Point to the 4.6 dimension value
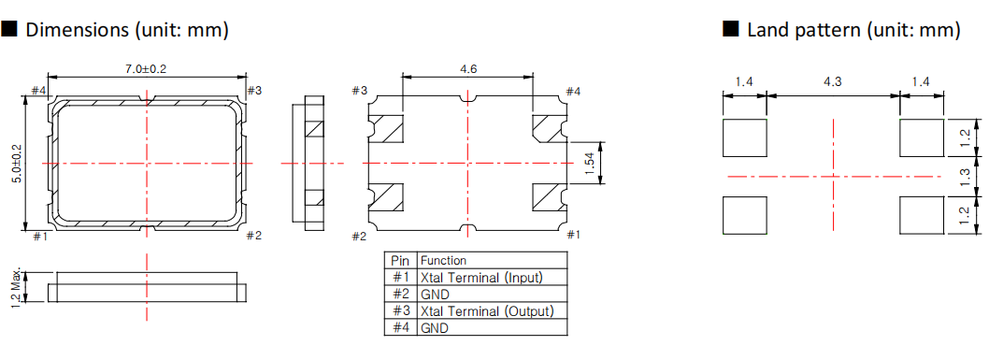(469, 69)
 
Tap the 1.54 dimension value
(589, 162)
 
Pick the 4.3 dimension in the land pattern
(832, 82)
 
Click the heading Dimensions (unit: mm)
(127, 30)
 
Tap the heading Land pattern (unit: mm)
(853, 30)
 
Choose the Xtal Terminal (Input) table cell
(481, 277)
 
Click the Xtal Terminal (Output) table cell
(486, 310)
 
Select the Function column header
(444, 260)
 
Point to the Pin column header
(400, 260)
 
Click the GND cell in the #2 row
(436, 294)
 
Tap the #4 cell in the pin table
(400, 327)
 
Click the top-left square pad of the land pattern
(744, 137)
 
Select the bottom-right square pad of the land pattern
(921, 215)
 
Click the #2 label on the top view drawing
(253, 236)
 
